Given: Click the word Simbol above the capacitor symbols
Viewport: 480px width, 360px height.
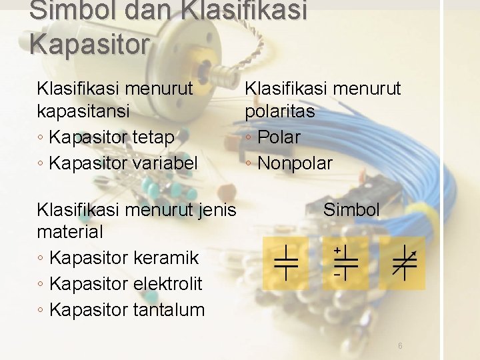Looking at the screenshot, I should point(351,210).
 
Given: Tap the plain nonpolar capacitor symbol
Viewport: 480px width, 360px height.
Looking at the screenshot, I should point(285,262).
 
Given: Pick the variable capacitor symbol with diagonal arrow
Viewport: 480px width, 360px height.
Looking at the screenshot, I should point(403,262).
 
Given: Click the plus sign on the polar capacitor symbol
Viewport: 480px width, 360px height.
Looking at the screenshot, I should point(337,250).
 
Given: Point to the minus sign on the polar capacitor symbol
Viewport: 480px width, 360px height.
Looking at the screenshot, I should point(337,274).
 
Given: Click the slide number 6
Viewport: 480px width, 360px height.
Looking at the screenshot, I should point(400,346).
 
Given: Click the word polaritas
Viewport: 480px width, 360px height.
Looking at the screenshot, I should point(280,111).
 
